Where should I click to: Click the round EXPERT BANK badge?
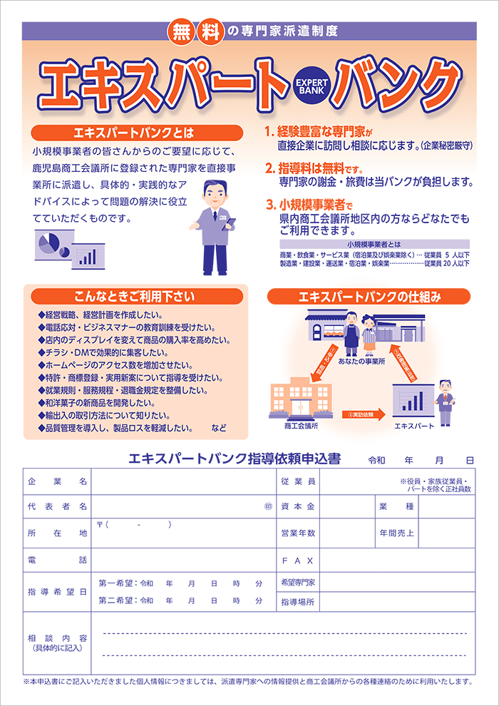point(311,87)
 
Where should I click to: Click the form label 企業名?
point(57,482)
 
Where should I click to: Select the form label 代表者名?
point(57,506)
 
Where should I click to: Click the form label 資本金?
point(298,506)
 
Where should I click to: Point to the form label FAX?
point(298,561)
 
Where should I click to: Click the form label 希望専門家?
point(298,583)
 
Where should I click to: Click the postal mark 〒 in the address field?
point(101,525)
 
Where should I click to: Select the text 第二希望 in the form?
point(115,600)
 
